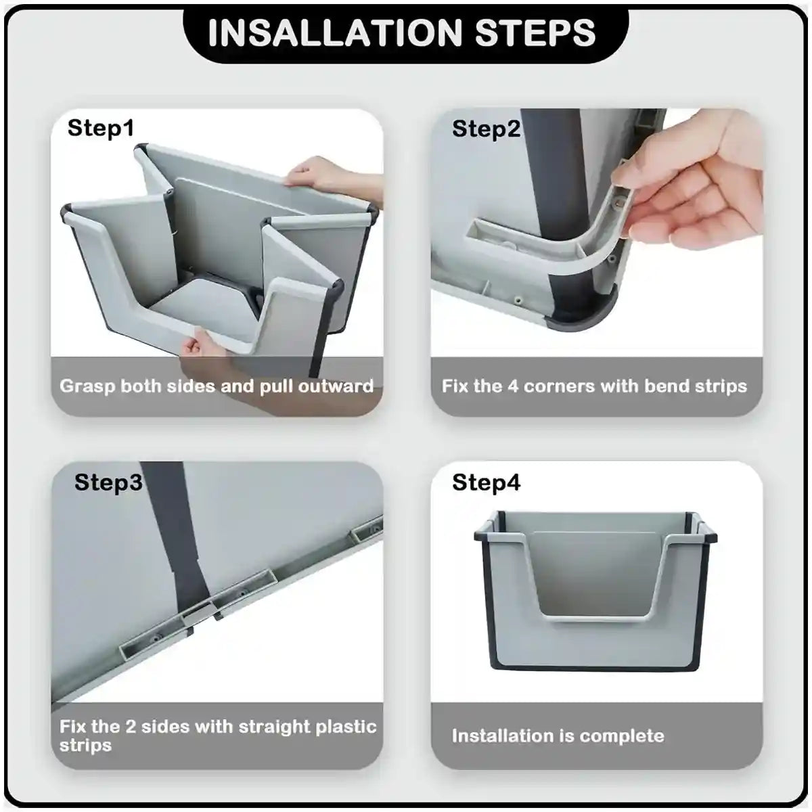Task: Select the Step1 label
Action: (x=101, y=128)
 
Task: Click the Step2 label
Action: (x=486, y=129)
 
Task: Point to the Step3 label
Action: (x=108, y=482)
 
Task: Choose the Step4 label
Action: (x=486, y=482)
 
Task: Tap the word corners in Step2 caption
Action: (x=561, y=386)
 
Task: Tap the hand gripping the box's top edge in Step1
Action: (x=318, y=175)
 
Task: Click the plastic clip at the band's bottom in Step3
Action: (x=200, y=612)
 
